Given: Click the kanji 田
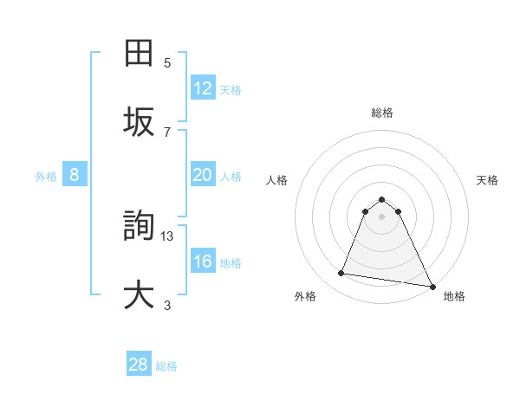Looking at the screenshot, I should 139,54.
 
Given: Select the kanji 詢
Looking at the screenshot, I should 139,227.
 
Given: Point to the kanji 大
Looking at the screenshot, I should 139,294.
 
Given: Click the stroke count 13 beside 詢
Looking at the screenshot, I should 168,236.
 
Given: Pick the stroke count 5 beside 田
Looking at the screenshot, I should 167,62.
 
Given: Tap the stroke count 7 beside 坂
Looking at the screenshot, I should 167,132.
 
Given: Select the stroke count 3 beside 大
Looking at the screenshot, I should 167,305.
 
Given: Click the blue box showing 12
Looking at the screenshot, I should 203,88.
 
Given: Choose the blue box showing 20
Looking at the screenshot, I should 203,175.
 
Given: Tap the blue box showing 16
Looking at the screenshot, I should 203,262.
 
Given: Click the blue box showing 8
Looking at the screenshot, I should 75,175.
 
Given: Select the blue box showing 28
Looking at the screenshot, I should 139,365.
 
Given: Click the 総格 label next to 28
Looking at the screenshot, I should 166,366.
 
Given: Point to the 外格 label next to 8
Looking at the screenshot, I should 46,177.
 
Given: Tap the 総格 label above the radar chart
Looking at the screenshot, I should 382,113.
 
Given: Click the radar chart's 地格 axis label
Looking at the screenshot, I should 454,296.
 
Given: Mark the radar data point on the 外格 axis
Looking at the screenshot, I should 341,274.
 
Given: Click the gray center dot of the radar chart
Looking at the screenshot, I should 382,216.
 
